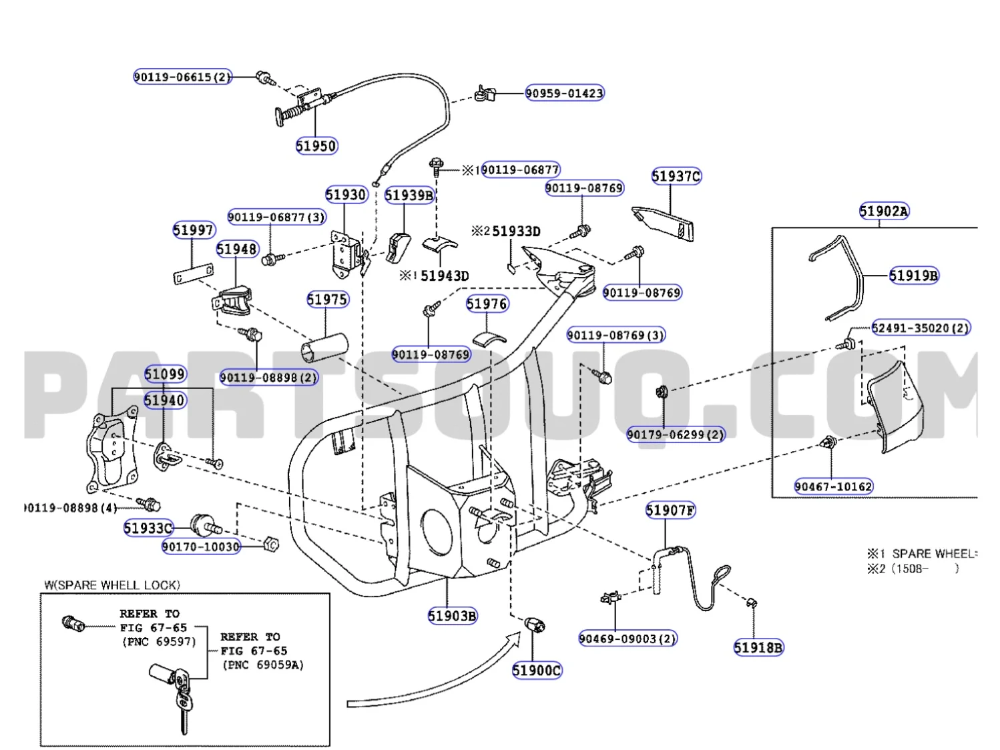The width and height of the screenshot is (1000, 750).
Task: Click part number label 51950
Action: pyautogui.click(x=316, y=145)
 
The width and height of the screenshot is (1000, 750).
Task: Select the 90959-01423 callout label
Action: pyautogui.click(x=564, y=93)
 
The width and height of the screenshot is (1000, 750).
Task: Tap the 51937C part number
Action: pyautogui.click(x=676, y=176)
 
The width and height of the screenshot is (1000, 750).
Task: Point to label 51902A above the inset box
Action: pyautogui.click(x=884, y=212)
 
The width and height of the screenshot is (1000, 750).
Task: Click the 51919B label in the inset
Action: pyautogui.click(x=913, y=276)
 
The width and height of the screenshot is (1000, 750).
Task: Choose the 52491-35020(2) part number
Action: pyautogui.click(x=921, y=328)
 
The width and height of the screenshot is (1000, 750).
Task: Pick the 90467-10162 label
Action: pyautogui.click(x=833, y=486)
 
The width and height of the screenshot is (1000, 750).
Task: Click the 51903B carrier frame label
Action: pyautogui.click(x=452, y=616)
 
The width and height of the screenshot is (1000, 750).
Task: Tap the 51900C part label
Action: pyautogui.click(x=537, y=670)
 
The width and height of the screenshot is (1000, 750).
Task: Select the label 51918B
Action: pyautogui.click(x=758, y=647)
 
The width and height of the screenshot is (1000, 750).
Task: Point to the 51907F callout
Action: pyautogui.click(x=670, y=510)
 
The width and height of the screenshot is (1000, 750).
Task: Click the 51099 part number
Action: pyautogui.click(x=165, y=374)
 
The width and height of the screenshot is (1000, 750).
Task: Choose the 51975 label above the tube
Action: pyautogui.click(x=327, y=300)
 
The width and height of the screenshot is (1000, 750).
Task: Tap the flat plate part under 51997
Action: pyautogui.click(x=192, y=274)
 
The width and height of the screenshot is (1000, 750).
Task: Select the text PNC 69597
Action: pyautogui.click(x=159, y=642)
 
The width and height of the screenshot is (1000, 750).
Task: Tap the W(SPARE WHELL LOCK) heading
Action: pyautogui.click(x=112, y=585)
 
